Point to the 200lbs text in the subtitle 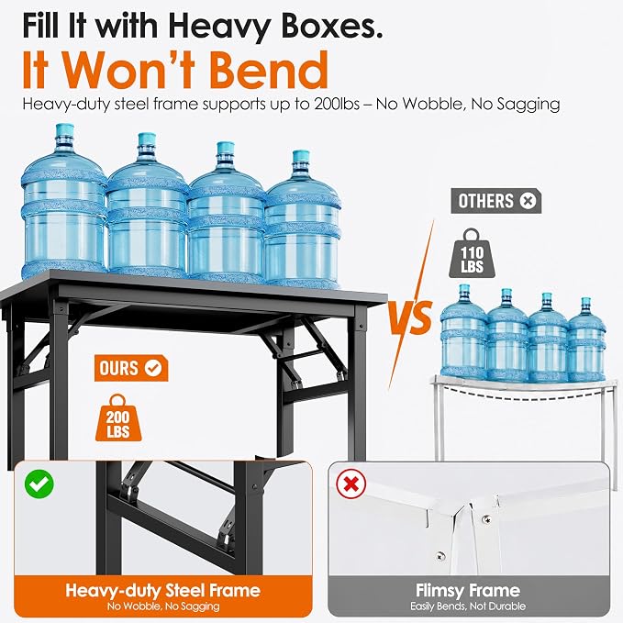point(337,104)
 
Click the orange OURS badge point(131,368)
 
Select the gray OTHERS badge point(495,201)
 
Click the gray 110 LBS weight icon point(472,253)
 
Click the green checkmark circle point(39,484)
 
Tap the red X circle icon point(350,484)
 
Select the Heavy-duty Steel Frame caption point(163,590)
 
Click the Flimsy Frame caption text point(468,590)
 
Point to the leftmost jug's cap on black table point(65,130)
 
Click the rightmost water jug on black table point(302,218)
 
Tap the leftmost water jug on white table point(463,332)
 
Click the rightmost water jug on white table point(586,340)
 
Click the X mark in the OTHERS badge point(528,201)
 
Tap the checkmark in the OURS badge point(153,368)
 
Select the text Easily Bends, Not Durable point(468,606)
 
